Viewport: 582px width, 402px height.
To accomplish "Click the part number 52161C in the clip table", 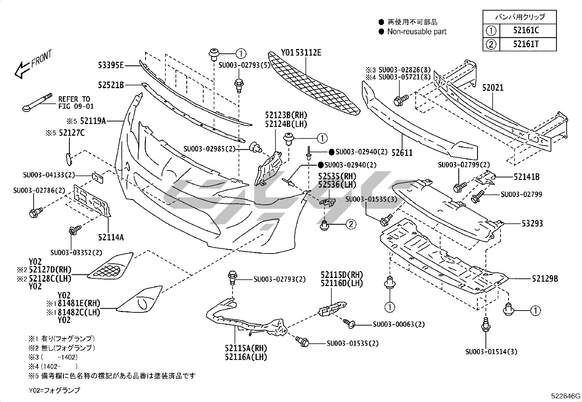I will (526, 30).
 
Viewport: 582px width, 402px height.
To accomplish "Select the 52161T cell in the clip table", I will (526, 44).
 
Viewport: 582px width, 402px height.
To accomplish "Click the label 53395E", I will (111, 65).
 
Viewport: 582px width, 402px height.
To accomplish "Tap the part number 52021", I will (492, 88).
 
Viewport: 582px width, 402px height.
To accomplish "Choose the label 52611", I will (402, 153).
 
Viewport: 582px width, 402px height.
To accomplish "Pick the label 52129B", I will (545, 279).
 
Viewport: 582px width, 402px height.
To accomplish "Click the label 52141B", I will (526, 177).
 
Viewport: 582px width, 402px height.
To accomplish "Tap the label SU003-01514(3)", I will (491, 352).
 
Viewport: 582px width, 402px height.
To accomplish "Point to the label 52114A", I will (111, 237).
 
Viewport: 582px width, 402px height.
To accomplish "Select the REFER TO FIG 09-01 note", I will (76, 103).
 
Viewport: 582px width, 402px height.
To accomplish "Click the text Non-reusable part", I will (417, 32).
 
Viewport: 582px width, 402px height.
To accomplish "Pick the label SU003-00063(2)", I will (399, 324).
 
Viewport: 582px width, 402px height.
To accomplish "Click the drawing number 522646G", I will (566, 396).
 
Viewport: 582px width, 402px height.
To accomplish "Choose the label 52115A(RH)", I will (246, 348).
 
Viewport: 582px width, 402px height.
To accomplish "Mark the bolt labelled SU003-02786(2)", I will (36, 212).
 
